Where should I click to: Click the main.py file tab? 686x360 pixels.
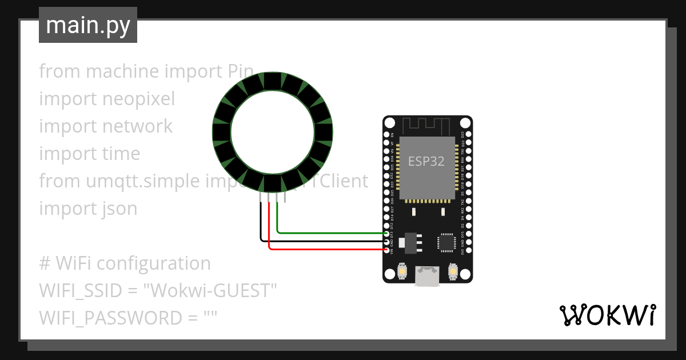point(87,25)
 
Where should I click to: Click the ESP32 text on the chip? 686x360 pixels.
point(426,162)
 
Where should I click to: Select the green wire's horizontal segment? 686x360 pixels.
point(332,233)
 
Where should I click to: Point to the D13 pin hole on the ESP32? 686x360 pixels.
point(388,234)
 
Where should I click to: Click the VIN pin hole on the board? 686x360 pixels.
point(388,250)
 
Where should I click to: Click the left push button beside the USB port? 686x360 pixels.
point(402,270)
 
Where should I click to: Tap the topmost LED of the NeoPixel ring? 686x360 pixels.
point(273,81)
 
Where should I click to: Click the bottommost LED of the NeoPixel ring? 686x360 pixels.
point(273,183)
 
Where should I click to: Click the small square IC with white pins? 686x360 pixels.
point(446,242)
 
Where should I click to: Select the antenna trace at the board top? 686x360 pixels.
point(427,125)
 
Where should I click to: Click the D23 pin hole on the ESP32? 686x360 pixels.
point(468,135)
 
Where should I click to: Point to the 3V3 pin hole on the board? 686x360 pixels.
point(468,250)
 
